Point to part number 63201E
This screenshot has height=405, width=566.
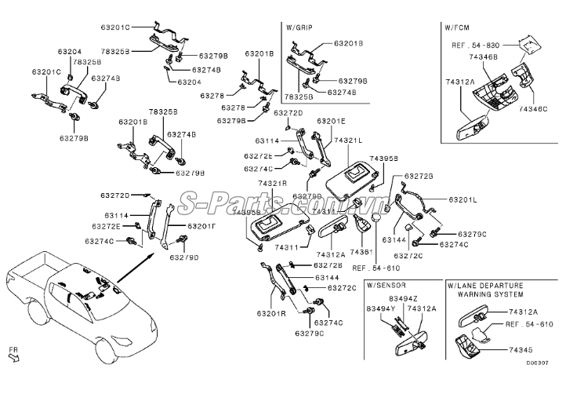[x=331, y=121]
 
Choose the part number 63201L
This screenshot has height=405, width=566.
[x=460, y=200]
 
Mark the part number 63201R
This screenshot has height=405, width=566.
[x=270, y=314]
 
